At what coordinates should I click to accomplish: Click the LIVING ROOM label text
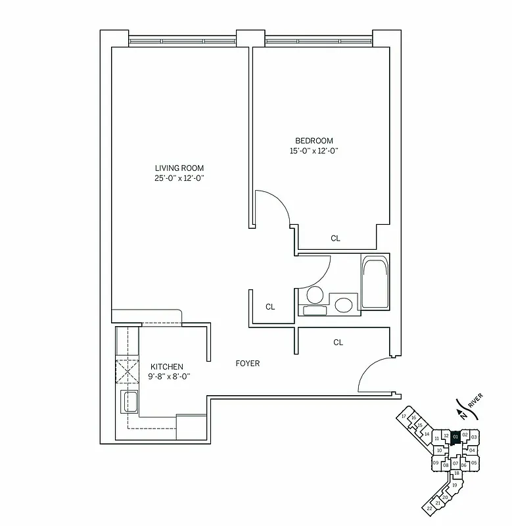point(179,168)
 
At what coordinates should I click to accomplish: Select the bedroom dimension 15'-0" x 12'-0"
point(314,151)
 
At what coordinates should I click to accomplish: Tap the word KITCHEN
point(166,367)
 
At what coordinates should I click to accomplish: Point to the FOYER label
point(248,364)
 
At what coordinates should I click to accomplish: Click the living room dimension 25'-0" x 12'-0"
point(179,178)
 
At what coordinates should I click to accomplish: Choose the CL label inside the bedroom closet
point(335,239)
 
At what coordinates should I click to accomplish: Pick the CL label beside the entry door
point(338,342)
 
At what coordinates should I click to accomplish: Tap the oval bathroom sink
point(343,304)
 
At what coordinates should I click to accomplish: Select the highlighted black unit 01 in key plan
point(455,436)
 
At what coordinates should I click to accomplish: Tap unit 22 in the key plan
point(429,508)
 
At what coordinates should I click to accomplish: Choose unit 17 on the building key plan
point(404,417)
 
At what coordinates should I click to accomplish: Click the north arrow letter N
point(464,416)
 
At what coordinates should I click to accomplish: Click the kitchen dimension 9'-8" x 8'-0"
point(166,377)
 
